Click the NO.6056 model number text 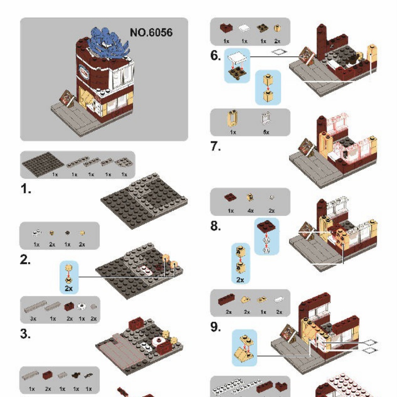[x=151, y=32]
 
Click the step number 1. [x=25, y=190]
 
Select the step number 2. [x=25, y=260]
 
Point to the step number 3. [x=25, y=334]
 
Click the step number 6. [x=216, y=56]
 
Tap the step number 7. [x=216, y=146]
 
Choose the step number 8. [x=216, y=226]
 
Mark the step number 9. [x=216, y=327]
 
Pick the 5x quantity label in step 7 [x=266, y=132]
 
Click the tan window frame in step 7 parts [x=233, y=119]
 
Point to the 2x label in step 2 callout [x=69, y=288]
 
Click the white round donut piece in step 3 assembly [x=160, y=340]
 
